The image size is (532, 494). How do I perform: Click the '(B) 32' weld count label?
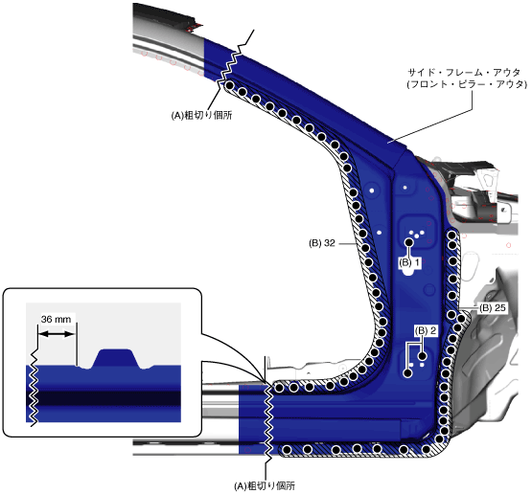point(322,243)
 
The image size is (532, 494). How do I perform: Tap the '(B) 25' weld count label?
point(493,307)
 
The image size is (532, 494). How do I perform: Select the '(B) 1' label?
point(409,262)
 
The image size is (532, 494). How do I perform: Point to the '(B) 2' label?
point(426,330)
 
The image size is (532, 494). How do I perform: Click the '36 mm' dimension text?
point(56,319)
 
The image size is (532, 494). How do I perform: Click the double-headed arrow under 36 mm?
point(57,334)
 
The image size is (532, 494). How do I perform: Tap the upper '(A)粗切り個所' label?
point(201,116)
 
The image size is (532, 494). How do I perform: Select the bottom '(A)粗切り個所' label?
point(265,486)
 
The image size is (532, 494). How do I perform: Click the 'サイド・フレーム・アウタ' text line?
point(464,73)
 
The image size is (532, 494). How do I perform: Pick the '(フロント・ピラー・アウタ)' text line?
point(467,84)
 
